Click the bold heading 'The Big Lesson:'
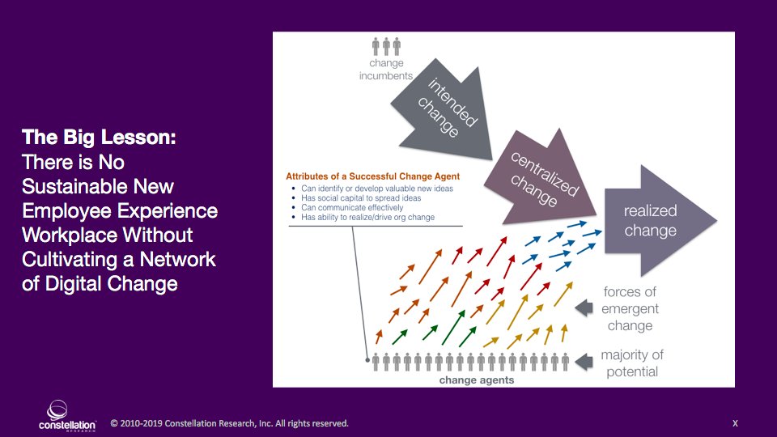pyautogui.click(x=100, y=138)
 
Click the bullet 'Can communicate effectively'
pyautogui.click(x=355, y=208)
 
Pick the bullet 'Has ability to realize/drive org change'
pyautogui.click(x=368, y=218)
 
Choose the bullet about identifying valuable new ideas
pyautogui.click(x=376, y=189)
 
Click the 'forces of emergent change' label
pyautogui.click(x=630, y=309)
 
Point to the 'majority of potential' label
pyautogui.click(x=631, y=363)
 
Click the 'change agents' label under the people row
pyautogui.click(x=477, y=380)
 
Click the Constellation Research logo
pyautogui.click(x=68, y=414)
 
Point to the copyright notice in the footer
pyautogui.click(x=229, y=423)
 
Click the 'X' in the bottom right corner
pyautogui.click(x=735, y=423)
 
